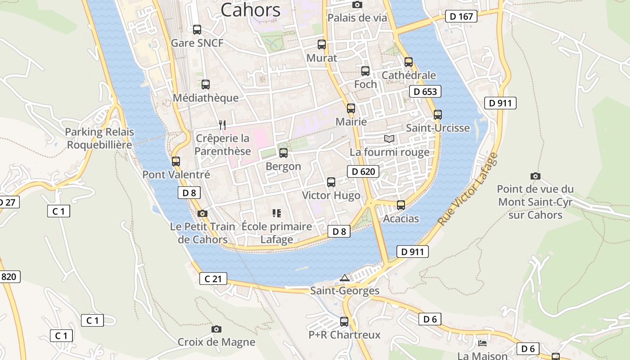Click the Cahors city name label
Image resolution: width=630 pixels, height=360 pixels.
click(x=251, y=10)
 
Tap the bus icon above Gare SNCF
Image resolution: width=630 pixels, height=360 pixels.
click(x=197, y=30)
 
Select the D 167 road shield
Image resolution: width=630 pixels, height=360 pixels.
click(x=462, y=17)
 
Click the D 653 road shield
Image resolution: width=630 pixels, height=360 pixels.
click(x=425, y=92)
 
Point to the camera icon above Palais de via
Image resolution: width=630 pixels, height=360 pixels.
click(x=357, y=5)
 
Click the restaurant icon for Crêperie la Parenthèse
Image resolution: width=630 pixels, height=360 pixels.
click(x=222, y=125)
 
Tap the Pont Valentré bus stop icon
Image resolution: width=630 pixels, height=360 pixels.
click(x=176, y=161)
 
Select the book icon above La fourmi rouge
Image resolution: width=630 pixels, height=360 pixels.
click(x=389, y=139)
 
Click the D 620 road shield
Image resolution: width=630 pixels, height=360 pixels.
click(x=363, y=171)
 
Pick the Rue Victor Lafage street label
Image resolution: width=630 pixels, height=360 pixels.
click(x=468, y=189)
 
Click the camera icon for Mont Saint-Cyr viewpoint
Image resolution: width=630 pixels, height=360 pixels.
click(x=535, y=176)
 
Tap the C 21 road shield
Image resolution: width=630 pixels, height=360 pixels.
click(x=213, y=279)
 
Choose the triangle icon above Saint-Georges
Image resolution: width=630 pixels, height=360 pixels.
click(x=345, y=278)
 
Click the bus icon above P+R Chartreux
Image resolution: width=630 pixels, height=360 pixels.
click(x=344, y=322)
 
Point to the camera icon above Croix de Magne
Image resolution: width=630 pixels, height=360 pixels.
click(x=216, y=329)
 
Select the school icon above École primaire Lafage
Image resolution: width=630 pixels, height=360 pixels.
click(x=277, y=213)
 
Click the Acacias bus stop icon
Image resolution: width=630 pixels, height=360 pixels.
click(x=401, y=205)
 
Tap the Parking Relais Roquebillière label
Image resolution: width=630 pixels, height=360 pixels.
click(x=99, y=138)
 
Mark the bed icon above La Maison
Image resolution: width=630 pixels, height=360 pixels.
click(x=482, y=343)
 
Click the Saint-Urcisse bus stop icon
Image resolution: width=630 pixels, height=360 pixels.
click(x=438, y=115)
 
